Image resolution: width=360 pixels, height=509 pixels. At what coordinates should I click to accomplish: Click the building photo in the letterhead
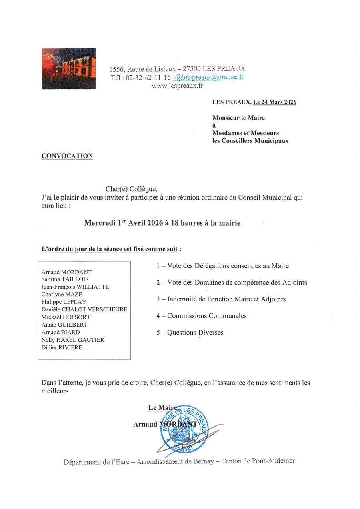click(68, 68)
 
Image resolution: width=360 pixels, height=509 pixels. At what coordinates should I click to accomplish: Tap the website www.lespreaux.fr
click(177, 86)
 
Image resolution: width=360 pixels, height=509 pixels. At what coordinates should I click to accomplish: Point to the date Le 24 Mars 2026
click(275, 102)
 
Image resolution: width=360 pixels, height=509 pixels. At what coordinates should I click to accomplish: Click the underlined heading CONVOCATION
click(67, 156)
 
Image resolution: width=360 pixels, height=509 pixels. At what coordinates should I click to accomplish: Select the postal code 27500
click(192, 69)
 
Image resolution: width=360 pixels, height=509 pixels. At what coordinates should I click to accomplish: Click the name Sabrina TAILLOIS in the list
click(65, 279)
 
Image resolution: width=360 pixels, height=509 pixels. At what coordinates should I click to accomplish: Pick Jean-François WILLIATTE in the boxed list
click(75, 287)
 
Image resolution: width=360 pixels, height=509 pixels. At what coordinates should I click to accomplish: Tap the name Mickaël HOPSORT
click(66, 317)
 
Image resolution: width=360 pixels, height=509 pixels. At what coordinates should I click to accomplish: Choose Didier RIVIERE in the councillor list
click(62, 347)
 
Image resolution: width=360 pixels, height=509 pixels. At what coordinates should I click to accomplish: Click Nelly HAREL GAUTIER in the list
click(73, 340)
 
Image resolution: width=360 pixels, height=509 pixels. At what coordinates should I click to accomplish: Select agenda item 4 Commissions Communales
click(201, 316)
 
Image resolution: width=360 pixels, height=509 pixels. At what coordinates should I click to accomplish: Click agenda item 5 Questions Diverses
click(190, 333)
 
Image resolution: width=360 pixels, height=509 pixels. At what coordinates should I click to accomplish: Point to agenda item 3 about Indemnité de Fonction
click(221, 299)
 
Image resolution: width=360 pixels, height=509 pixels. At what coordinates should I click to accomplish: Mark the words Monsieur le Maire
click(238, 118)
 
